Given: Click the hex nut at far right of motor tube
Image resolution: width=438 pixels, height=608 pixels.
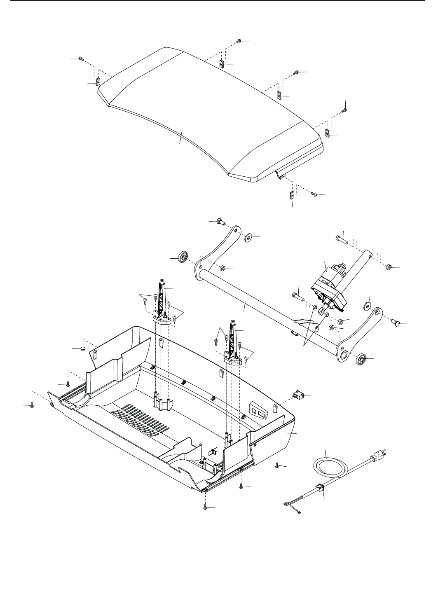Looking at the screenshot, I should [x=388, y=267].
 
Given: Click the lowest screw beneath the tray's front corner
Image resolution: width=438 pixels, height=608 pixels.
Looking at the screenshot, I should [x=206, y=508].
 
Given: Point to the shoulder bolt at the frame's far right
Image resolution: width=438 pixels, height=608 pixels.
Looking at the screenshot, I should [x=397, y=323].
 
